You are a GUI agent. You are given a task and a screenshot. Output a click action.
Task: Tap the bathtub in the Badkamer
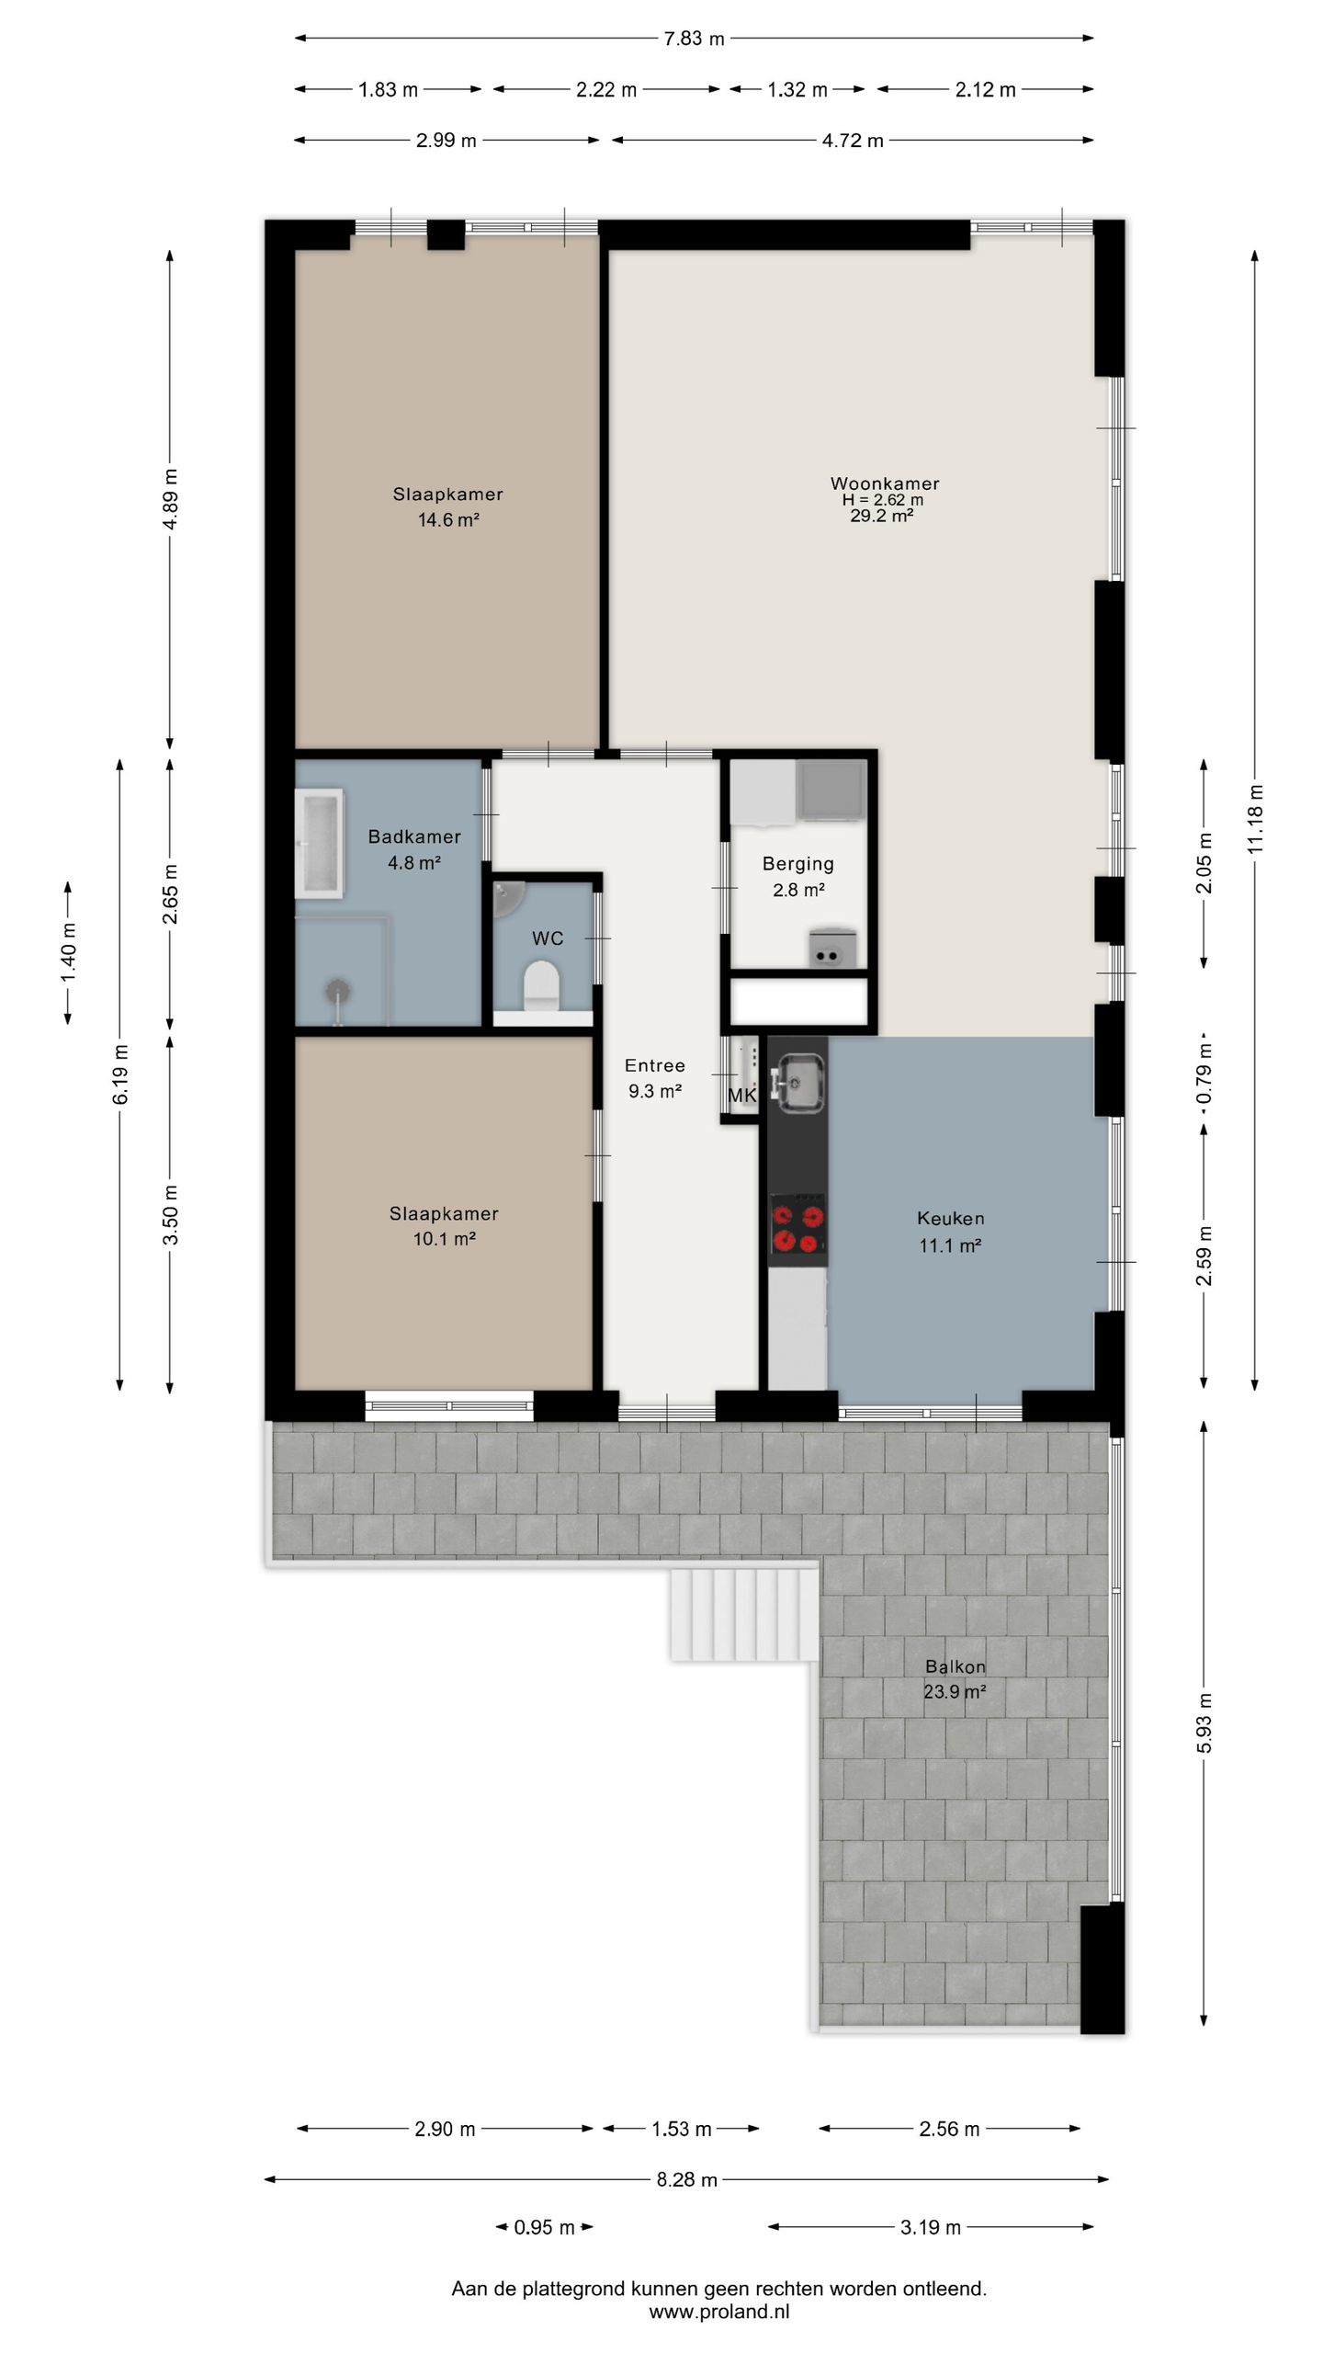319,842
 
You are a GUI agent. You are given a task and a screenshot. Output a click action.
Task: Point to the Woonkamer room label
885,483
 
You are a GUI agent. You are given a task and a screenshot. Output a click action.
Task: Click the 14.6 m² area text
448,520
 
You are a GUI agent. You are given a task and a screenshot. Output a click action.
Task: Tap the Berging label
798,864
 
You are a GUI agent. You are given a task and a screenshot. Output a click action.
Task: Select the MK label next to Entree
741,1096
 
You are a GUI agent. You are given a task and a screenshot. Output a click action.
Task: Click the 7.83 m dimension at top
694,39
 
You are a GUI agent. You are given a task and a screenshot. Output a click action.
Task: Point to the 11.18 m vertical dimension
1256,819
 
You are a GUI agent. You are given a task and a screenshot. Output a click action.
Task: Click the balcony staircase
744,1614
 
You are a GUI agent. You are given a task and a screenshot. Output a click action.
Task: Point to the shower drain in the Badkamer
339,990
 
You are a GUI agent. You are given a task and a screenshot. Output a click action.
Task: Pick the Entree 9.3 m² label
654,1078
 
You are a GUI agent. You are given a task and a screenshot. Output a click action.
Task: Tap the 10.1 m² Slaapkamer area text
444,1239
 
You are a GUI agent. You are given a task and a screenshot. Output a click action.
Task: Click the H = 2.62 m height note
883,500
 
